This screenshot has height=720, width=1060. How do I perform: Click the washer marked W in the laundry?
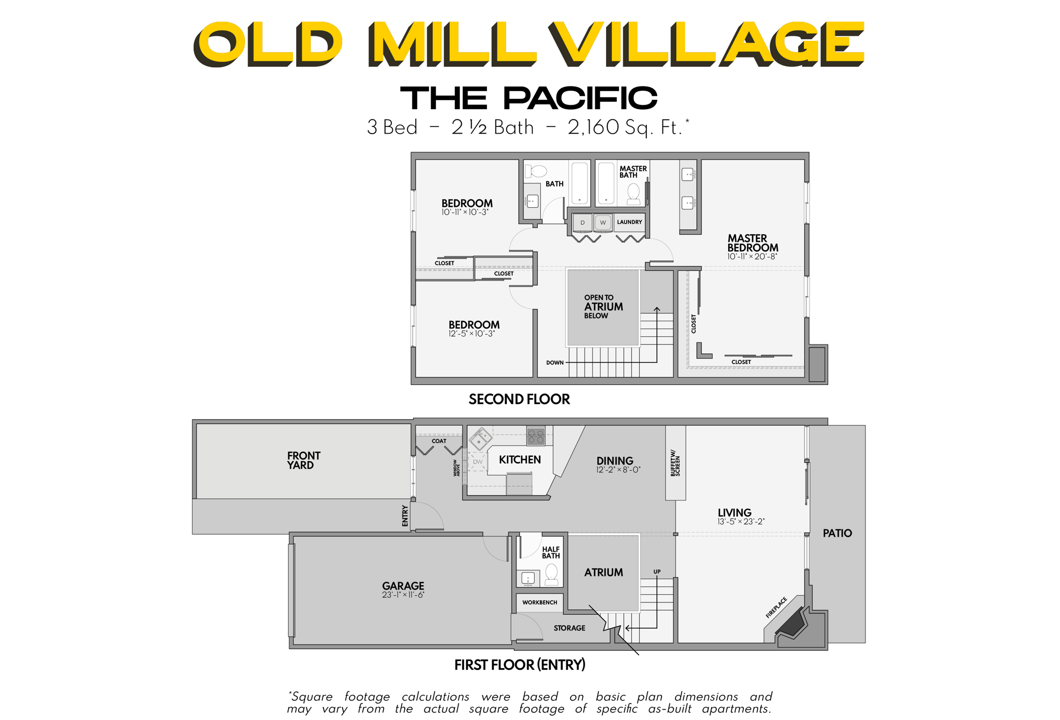[x=602, y=222]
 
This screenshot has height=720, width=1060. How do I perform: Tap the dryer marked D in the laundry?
[x=583, y=222]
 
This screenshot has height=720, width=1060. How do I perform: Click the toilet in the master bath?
[x=633, y=194]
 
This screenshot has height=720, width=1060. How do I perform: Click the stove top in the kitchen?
[x=536, y=436]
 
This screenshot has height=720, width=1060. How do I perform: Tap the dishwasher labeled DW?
[x=477, y=462]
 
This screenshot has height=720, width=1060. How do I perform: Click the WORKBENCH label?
[x=539, y=602]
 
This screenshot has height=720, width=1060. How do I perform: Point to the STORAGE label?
[x=569, y=628]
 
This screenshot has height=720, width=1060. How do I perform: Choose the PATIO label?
[x=837, y=533]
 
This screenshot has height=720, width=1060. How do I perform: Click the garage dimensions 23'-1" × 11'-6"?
[x=403, y=595]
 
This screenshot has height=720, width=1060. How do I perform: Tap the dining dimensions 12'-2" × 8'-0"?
[x=618, y=470]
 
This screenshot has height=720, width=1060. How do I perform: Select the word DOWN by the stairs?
[x=555, y=363]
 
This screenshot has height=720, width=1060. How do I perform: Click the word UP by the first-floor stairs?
[x=657, y=572]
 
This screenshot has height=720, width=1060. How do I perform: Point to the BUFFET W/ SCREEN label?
[x=675, y=463]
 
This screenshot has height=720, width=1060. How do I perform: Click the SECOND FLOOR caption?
[x=519, y=399]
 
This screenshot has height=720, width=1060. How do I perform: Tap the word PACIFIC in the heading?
[x=580, y=98]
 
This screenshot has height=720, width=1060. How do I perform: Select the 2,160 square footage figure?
[x=593, y=127]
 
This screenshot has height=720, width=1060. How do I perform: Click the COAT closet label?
[x=439, y=441]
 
